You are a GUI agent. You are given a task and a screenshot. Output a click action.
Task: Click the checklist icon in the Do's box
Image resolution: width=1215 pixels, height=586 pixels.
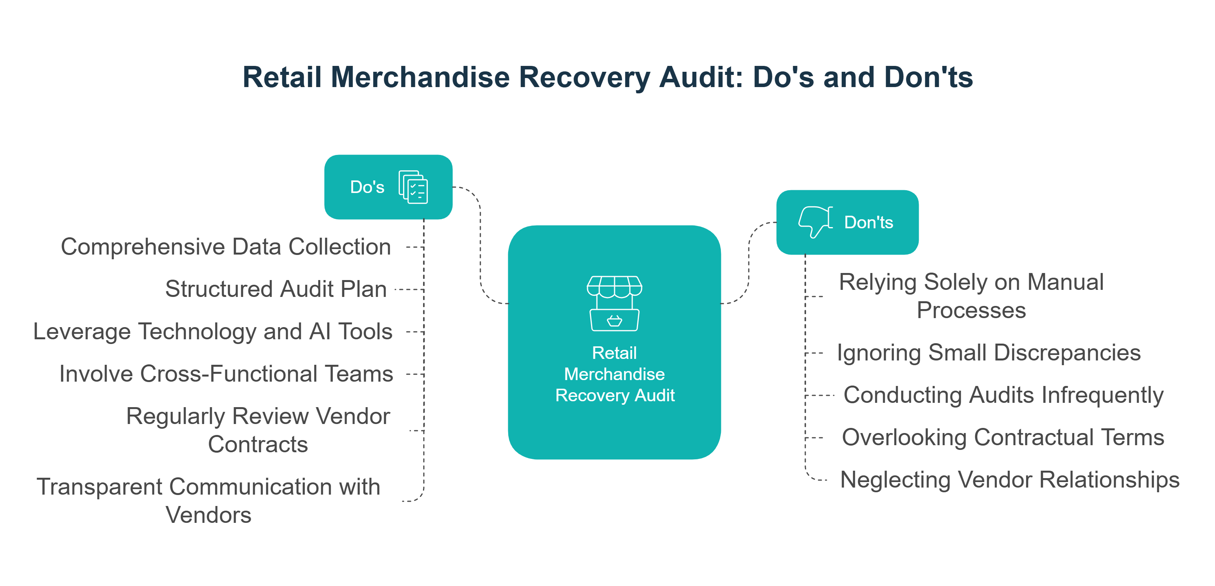click(x=413, y=187)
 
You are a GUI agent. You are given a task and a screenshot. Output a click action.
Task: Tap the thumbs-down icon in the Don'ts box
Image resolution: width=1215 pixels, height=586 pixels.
click(x=815, y=221)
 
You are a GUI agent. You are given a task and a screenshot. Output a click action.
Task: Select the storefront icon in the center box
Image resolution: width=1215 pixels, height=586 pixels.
click(x=614, y=303)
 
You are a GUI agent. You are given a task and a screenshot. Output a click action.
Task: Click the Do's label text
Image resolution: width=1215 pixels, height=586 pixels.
click(x=367, y=187)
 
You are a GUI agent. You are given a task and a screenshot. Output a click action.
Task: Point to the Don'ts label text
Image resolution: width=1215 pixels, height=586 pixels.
click(x=868, y=222)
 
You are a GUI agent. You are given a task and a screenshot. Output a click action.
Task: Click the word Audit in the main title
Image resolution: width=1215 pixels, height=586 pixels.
click(x=701, y=77)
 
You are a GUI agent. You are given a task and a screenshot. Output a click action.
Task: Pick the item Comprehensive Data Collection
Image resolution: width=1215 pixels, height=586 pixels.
click(x=226, y=247)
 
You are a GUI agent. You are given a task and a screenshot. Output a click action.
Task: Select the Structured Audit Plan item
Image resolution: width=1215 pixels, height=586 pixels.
click(x=276, y=289)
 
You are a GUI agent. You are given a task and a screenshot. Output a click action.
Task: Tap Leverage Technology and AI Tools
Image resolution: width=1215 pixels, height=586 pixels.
click(x=213, y=331)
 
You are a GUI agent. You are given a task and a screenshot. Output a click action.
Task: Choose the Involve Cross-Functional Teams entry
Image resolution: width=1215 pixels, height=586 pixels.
click(x=226, y=374)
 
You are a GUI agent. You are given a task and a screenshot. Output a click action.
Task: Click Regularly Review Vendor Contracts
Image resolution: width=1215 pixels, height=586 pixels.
click(x=258, y=430)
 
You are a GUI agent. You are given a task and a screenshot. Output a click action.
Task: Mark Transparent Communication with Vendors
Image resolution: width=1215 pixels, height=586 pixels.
click(x=208, y=500)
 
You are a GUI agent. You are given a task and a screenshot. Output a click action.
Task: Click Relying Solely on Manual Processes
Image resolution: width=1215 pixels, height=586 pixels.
click(x=971, y=296)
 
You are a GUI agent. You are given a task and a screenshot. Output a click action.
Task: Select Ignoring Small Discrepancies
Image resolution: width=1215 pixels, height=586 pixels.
click(x=989, y=353)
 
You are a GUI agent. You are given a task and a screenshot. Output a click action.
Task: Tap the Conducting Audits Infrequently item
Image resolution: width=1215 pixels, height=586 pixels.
click(x=1003, y=395)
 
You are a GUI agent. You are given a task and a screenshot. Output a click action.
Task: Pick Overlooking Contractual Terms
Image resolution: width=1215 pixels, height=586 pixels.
click(x=1003, y=437)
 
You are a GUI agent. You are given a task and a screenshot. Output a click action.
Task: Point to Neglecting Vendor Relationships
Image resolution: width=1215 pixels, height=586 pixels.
click(x=1010, y=480)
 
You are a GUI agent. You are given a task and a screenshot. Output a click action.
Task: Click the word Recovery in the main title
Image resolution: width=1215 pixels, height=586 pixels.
click(x=584, y=77)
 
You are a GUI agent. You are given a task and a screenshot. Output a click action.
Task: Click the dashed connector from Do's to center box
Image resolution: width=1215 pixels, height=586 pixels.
click(x=480, y=245)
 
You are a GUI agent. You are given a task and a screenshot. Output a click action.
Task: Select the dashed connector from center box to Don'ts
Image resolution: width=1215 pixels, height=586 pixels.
click(x=748, y=264)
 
